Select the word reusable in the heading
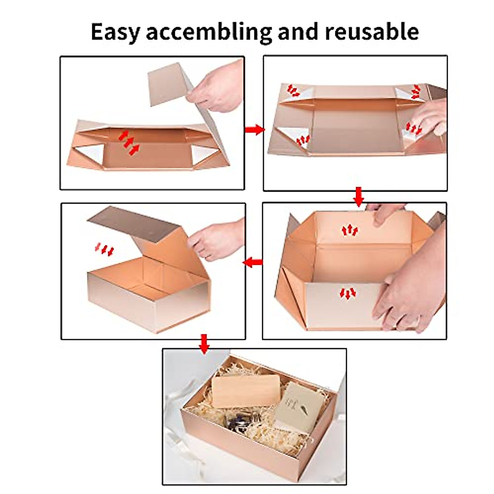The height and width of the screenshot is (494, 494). [372, 32]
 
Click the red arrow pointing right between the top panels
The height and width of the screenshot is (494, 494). [254, 129]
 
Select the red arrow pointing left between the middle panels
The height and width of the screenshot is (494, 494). [253, 262]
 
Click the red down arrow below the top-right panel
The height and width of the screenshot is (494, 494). [359, 197]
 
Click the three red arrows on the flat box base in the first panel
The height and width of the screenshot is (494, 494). [129, 142]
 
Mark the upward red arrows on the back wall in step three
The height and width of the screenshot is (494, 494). [350, 230]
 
